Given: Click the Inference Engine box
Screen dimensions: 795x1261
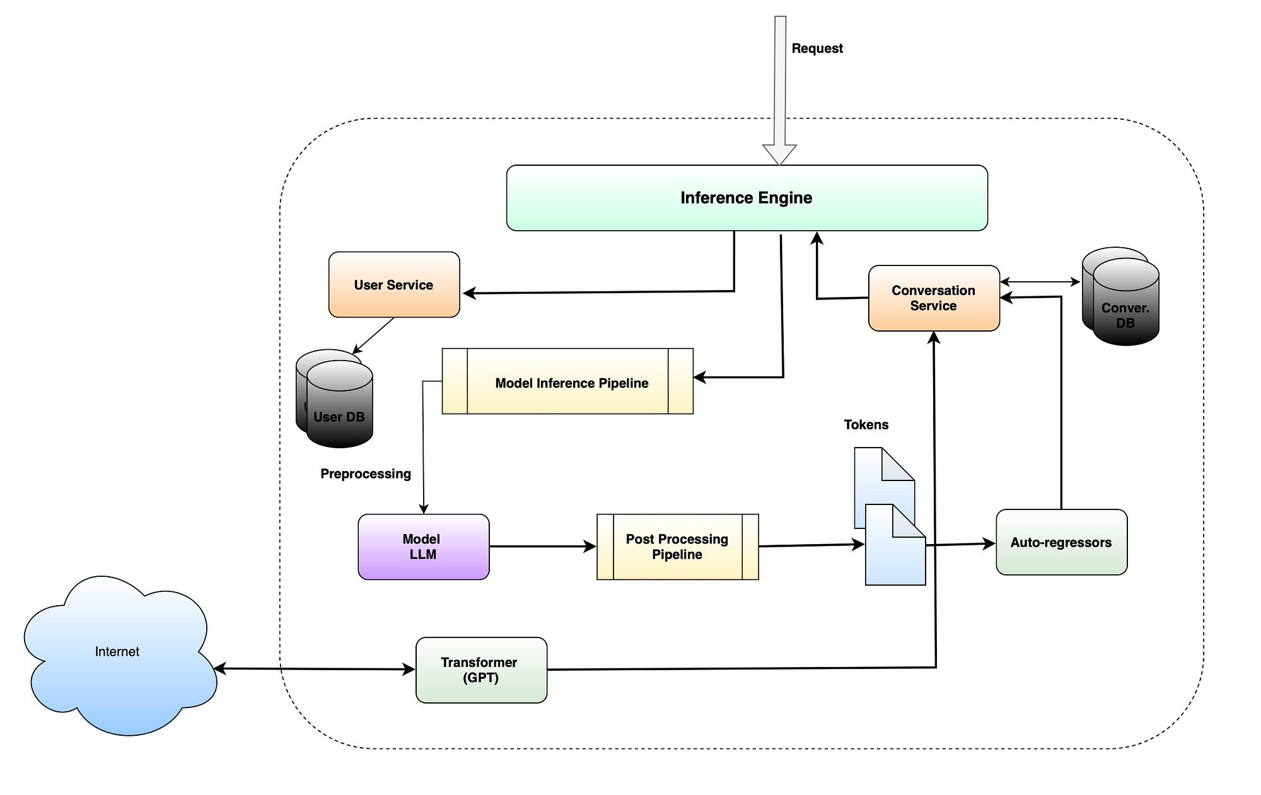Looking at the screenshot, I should (x=747, y=198).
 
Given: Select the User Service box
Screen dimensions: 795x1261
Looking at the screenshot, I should (x=394, y=285).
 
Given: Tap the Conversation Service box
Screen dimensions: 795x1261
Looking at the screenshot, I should (x=934, y=298).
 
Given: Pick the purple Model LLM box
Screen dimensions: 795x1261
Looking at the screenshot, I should (x=423, y=547).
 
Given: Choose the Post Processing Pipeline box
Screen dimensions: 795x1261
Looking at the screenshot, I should (x=677, y=547).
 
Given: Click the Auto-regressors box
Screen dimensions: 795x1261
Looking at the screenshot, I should (x=1061, y=542).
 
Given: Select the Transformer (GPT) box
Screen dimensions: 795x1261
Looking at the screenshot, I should (x=481, y=670).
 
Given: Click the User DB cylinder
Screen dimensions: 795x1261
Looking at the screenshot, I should (x=340, y=407).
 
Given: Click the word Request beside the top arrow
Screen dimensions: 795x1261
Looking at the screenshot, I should (x=817, y=49).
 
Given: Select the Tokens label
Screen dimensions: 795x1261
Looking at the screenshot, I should (x=866, y=425).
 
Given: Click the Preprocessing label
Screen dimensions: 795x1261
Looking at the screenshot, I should (x=366, y=474).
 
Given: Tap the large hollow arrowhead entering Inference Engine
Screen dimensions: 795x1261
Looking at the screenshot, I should (x=780, y=154).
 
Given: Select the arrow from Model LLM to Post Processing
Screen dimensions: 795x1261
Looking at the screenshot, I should (x=542, y=547).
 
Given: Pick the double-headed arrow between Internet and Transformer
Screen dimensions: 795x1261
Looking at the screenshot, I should (x=315, y=669).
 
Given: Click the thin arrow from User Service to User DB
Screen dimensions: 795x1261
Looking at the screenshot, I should (x=373, y=335).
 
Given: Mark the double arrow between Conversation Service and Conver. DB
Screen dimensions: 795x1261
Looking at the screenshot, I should (x=1040, y=282).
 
